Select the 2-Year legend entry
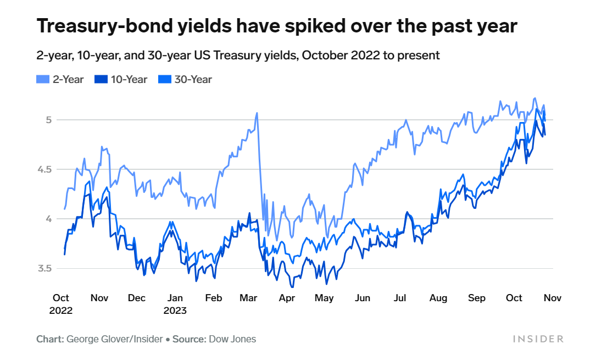click(60, 79)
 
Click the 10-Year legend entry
click(123, 79)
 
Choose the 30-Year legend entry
click(187, 79)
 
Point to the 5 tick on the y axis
click(48, 119)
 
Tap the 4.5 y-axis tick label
click(44, 169)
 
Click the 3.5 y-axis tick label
click(44, 269)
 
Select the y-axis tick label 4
click(48, 219)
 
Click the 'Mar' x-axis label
click(249, 298)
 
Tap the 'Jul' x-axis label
click(400, 298)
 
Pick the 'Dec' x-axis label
click(137, 298)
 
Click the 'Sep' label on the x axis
click(477, 298)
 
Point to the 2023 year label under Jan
click(175, 311)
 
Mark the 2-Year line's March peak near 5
click(257, 113)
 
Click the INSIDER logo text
click(538, 339)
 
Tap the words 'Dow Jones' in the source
click(232, 339)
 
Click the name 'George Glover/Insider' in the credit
click(115, 339)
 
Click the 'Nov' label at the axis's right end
click(552, 298)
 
